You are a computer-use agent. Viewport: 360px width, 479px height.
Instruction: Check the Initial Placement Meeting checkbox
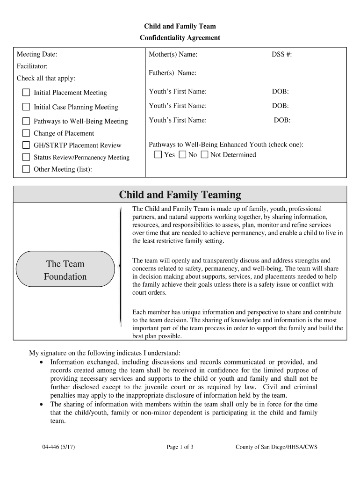click(26, 92)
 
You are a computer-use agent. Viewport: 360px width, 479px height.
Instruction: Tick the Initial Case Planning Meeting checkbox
click(26, 107)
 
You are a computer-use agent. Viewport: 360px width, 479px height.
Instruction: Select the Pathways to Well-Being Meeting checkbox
click(26, 121)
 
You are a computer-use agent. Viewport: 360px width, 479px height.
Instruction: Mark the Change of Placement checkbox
click(26, 133)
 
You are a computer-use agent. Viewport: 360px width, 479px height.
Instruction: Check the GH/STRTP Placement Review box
click(26, 145)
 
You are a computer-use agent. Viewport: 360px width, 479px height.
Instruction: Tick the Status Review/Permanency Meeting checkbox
click(26, 157)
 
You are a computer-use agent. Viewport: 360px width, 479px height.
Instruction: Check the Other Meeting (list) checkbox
click(26, 169)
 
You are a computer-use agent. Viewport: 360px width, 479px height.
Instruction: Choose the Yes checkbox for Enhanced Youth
click(158, 154)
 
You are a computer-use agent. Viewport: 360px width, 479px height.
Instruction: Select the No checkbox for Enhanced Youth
click(182, 154)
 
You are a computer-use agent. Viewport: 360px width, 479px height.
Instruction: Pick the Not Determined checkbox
click(204, 154)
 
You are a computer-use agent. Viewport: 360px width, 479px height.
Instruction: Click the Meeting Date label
click(37, 55)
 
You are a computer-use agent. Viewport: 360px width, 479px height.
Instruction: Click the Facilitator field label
click(32, 66)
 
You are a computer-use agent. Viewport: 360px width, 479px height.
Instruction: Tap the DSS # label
click(282, 55)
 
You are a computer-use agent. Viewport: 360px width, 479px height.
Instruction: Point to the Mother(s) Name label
click(173, 55)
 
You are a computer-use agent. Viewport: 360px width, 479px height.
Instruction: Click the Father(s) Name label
click(172, 73)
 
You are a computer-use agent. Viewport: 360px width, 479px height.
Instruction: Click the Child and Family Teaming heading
click(180, 195)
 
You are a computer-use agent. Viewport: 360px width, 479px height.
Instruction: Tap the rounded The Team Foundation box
click(65, 270)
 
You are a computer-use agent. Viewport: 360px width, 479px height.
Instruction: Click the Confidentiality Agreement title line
click(180, 38)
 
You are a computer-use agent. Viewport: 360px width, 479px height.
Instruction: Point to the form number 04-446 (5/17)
click(58, 447)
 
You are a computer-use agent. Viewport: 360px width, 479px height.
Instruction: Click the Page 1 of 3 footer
click(180, 447)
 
